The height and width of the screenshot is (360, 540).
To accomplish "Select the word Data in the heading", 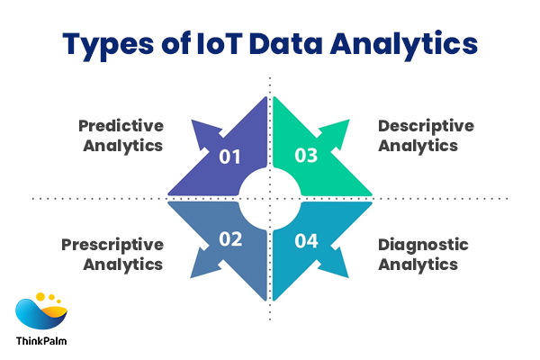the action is [x=285, y=43].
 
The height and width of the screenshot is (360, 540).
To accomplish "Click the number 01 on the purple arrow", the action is [x=229, y=157].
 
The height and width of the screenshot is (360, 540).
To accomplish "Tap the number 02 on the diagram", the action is [x=230, y=239].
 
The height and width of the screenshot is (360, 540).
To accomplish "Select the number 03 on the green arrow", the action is [x=306, y=156].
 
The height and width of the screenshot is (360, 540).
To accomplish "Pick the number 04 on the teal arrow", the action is [x=306, y=241].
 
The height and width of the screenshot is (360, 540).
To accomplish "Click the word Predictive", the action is [x=121, y=126].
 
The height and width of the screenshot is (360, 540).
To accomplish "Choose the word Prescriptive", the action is [x=112, y=245].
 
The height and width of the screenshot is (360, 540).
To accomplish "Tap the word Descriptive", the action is [x=426, y=126].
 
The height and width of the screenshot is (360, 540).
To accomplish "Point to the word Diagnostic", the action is [x=423, y=246].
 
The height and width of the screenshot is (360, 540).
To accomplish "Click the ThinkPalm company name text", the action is [x=41, y=341].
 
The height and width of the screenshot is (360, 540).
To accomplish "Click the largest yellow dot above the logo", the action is [x=40, y=297].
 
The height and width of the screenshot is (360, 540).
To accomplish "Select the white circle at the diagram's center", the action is [x=270, y=199].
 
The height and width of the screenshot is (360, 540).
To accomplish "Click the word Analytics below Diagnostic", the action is [x=418, y=265].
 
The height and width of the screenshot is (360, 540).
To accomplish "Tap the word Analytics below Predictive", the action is [x=123, y=147].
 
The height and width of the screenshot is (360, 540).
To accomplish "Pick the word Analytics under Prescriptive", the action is [x=123, y=265].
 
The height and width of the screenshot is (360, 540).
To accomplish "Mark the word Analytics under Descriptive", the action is [x=418, y=147].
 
